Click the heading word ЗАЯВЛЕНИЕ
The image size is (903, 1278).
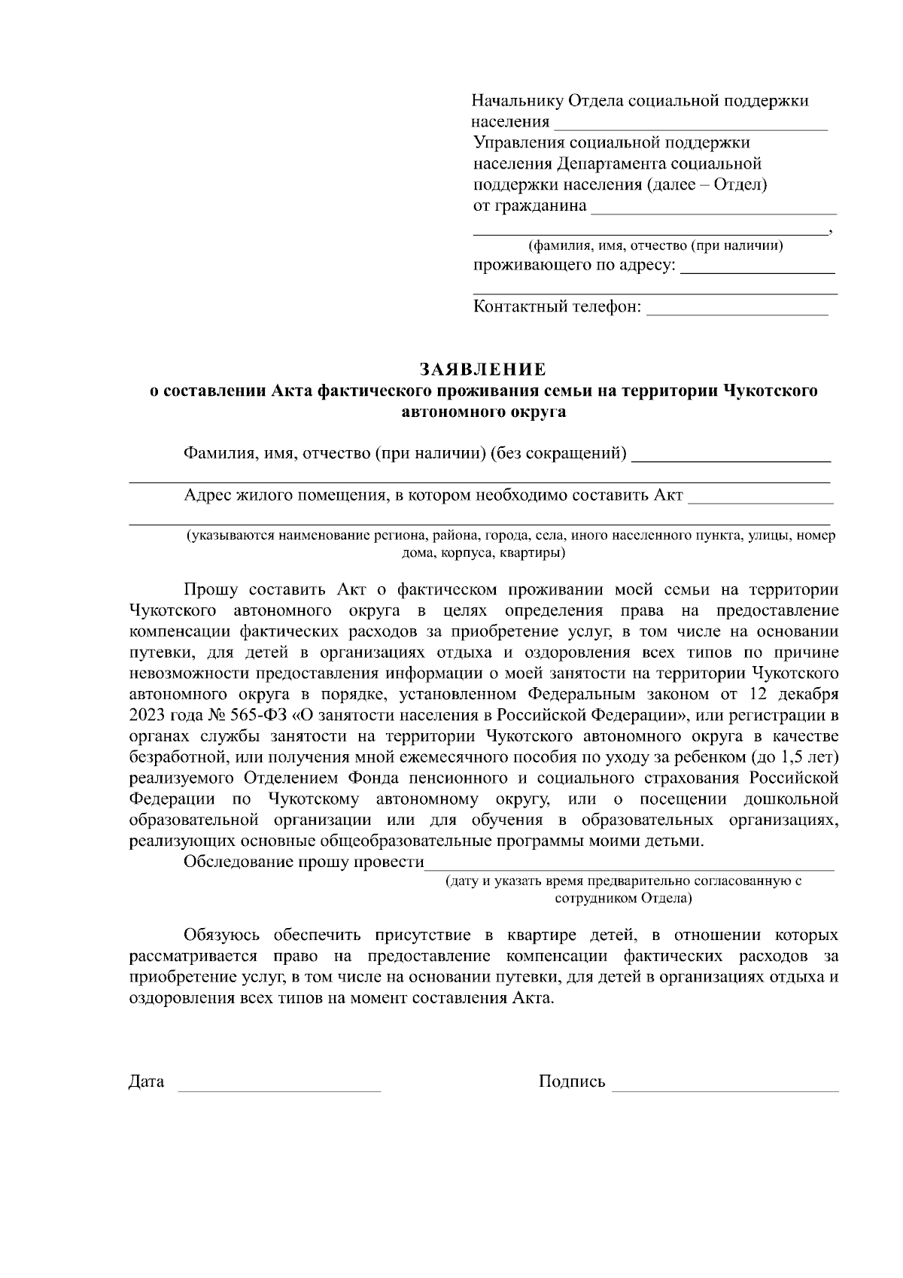482,370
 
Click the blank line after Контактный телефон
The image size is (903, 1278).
737,313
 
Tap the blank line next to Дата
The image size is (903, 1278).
278,1089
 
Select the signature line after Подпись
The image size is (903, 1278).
725,1089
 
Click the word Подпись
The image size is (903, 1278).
572,1082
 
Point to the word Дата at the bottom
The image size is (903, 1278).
147,1082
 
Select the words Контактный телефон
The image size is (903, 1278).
557,306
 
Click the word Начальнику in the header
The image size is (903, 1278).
518,101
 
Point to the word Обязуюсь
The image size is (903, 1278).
222,936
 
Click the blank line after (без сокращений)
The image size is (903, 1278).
731,459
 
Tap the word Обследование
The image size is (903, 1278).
239,862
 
